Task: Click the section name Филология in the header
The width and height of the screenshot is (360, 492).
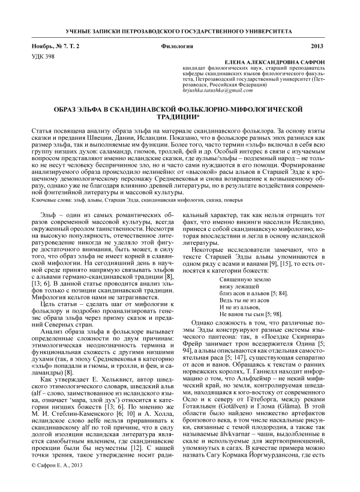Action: click(x=176, y=46)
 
